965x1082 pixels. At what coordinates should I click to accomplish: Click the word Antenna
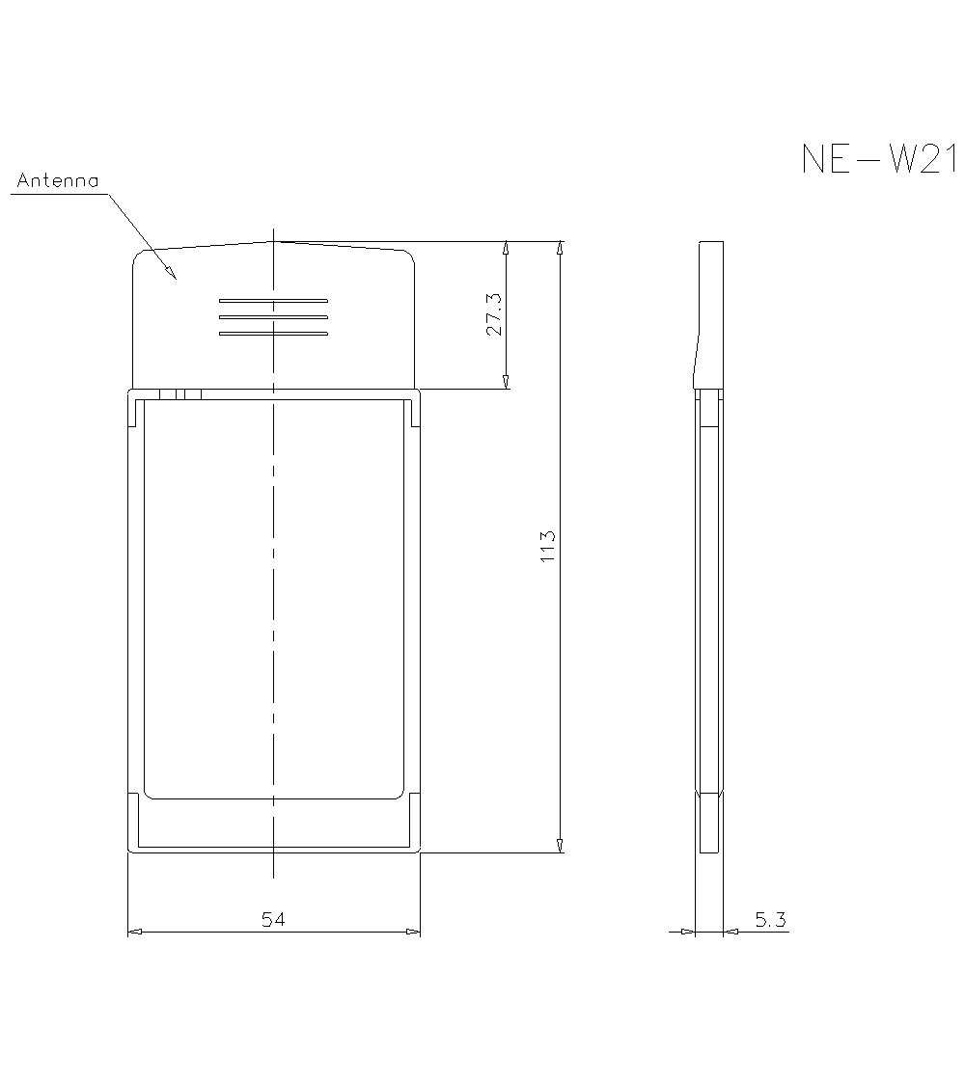point(58,180)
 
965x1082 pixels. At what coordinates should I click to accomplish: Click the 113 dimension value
point(548,547)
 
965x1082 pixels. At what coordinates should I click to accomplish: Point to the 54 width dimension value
point(274,919)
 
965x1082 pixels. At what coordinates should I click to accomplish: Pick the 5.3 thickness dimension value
point(770,920)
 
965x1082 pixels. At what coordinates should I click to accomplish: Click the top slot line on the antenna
point(274,300)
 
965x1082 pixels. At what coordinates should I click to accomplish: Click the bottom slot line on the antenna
point(274,334)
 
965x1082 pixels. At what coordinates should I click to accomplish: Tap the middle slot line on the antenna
point(274,317)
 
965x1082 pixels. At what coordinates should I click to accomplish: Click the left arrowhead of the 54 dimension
point(134,932)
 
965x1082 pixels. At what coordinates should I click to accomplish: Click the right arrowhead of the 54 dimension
point(413,932)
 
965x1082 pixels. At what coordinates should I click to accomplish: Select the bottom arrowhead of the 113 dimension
point(560,846)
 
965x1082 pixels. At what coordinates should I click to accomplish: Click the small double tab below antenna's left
point(180,393)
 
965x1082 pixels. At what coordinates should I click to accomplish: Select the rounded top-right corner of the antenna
point(410,257)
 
